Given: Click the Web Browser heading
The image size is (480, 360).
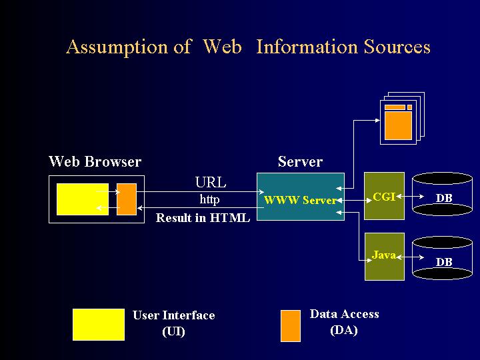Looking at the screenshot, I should tap(95, 162).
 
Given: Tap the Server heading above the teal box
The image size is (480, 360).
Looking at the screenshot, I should tap(300, 162).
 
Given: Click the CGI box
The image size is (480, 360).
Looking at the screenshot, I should tap(384, 196).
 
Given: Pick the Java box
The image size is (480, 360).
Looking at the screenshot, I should tap(384, 257).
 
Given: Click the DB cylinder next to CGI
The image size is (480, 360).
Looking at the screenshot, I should tap(443, 195).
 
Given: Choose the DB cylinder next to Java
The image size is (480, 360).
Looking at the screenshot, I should tap(443, 259).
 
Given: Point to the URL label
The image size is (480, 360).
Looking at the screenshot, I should tap(211, 183).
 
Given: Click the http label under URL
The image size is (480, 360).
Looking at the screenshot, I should tap(209, 199).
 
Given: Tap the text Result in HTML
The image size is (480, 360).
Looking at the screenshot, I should tap(203, 218).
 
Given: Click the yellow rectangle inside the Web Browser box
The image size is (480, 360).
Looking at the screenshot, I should tap(83, 199).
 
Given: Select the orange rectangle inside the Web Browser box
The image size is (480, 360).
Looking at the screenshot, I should tap(126, 199).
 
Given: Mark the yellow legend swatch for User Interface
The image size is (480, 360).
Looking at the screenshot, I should tap(98, 324).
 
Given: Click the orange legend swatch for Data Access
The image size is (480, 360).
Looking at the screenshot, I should tap(291, 325).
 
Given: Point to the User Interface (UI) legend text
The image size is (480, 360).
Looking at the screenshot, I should tap(173, 323).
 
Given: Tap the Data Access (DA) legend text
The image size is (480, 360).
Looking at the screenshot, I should tap(344, 322).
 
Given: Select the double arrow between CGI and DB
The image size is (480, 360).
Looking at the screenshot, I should tap(417, 197).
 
